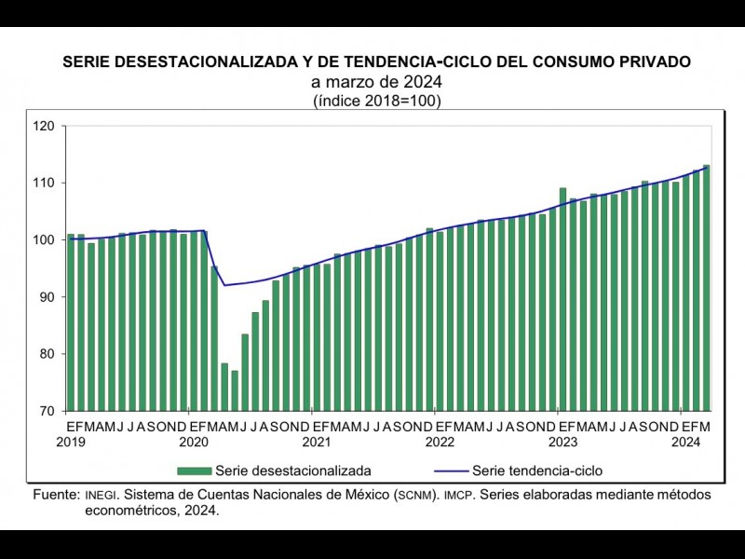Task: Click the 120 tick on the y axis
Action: [x=47, y=126]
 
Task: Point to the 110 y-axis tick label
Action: [x=47, y=183]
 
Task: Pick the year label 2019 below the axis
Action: [x=71, y=442]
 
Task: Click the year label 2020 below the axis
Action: [x=193, y=442]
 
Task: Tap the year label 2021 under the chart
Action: [x=316, y=442]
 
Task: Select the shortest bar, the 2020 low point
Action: [x=235, y=390]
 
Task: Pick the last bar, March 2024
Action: [x=706, y=289]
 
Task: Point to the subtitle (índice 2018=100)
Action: [x=377, y=102]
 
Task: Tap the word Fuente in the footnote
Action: [x=54, y=493]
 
